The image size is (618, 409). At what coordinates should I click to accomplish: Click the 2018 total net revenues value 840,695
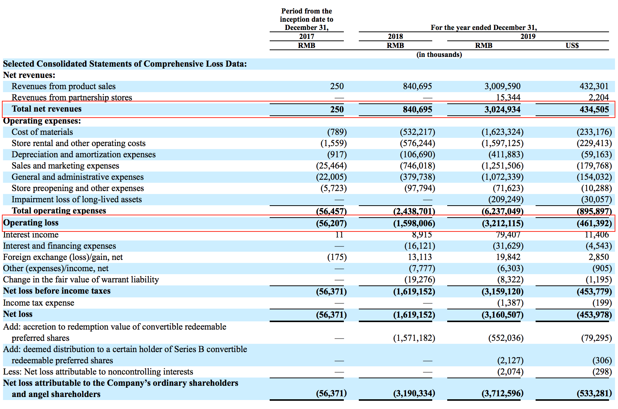click(x=417, y=110)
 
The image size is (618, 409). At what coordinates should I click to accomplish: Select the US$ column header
click(x=572, y=45)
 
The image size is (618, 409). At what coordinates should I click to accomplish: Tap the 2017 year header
click(x=306, y=36)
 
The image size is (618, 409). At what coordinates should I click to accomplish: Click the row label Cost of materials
click(x=42, y=132)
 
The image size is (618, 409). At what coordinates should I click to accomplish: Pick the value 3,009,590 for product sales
click(x=502, y=87)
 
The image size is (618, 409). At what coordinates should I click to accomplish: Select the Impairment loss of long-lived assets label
click(x=76, y=200)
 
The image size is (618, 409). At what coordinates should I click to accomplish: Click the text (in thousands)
click(x=439, y=55)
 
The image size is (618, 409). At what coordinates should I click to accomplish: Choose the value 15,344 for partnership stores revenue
click(x=508, y=98)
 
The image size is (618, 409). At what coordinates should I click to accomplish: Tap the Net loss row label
click(x=18, y=314)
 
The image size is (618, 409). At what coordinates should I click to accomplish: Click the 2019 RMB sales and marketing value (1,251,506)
click(x=502, y=166)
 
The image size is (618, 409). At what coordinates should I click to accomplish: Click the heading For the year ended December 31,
click(x=484, y=27)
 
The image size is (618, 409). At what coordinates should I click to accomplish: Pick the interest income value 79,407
click(x=508, y=235)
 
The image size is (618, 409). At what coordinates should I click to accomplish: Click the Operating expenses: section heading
click(x=42, y=121)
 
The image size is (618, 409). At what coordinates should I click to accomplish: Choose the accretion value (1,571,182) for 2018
click(x=414, y=338)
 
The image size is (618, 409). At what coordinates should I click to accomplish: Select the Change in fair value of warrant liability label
click(x=81, y=280)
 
